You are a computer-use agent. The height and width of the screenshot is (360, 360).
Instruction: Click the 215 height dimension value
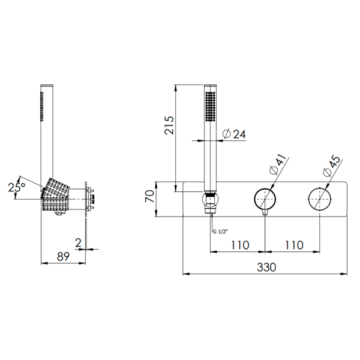(x=169, y=125)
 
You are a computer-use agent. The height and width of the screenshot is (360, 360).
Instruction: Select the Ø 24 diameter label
(x=234, y=134)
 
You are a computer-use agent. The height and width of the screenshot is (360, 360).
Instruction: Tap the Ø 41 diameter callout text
(x=278, y=164)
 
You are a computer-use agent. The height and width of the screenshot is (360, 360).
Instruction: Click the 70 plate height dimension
(x=149, y=196)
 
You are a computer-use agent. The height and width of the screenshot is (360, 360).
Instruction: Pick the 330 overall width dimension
(x=266, y=267)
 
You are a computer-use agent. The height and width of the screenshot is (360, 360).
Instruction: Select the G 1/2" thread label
(x=220, y=232)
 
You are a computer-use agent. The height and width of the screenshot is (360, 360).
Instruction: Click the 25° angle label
(x=17, y=187)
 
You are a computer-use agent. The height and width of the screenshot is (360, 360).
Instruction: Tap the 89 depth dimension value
(x=63, y=256)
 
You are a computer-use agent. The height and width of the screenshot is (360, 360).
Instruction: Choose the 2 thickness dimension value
(x=78, y=243)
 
